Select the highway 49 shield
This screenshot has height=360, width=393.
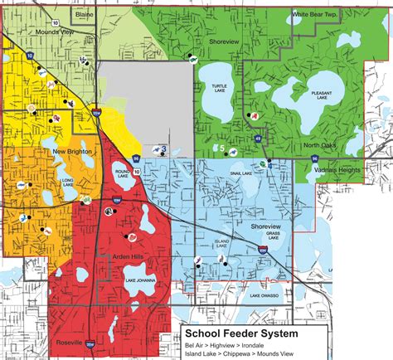click(260, 139)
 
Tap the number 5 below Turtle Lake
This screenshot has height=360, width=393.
click(222, 148)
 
